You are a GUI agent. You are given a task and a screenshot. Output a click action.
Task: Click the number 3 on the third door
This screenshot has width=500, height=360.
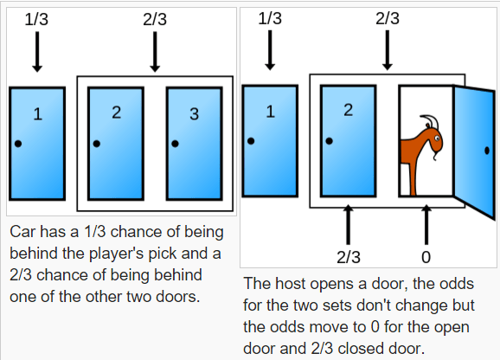[194, 114]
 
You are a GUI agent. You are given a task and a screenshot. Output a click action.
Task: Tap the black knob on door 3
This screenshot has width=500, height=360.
[175, 144]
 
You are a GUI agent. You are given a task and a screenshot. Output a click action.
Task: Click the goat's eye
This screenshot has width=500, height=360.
[437, 138]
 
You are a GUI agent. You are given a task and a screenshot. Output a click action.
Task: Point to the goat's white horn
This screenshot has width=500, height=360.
[431, 121]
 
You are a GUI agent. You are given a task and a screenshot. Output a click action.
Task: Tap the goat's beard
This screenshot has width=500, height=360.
[435, 157]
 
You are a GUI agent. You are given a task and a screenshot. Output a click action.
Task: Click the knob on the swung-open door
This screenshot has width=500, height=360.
[487, 151]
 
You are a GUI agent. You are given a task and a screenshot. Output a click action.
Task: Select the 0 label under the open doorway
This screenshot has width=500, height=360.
[426, 257]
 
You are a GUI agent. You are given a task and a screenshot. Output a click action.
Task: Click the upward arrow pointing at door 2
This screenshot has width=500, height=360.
[349, 224]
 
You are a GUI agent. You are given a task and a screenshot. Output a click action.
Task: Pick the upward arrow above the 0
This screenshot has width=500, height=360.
[426, 224]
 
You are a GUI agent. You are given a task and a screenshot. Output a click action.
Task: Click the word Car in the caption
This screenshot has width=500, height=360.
[22, 232]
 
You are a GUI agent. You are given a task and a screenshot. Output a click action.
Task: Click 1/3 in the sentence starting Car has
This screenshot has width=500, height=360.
[94, 232]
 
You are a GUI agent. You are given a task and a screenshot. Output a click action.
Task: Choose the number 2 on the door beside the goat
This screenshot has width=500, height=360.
[349, 110]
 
